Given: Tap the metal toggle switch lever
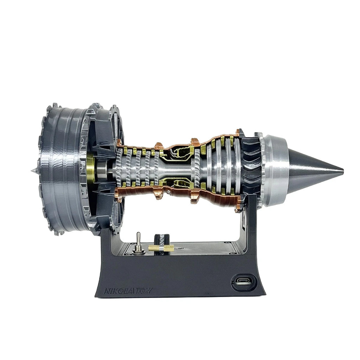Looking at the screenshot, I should point(139,239).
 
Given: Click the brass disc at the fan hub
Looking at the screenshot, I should point(90,169).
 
